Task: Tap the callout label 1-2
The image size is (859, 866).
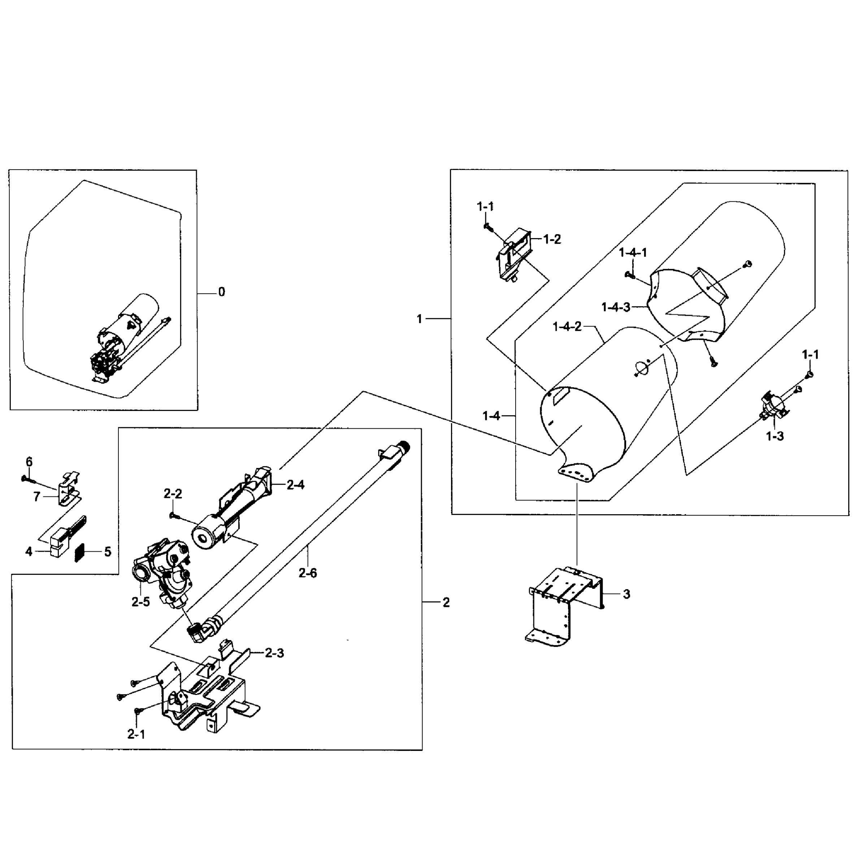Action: [552, 239]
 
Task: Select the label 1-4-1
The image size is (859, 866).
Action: [633, 253]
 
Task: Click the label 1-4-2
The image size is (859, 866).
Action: [567, 327]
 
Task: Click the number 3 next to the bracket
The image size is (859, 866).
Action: [626, 594]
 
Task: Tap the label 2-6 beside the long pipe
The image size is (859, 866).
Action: [308, 573]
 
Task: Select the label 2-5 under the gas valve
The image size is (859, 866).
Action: [140, 602]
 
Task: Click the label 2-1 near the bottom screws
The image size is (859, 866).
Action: [136, 734]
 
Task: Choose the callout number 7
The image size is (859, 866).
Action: [37, 496]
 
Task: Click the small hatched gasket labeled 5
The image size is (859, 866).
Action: [80, 553]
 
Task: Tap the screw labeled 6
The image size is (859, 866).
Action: [28, 480]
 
